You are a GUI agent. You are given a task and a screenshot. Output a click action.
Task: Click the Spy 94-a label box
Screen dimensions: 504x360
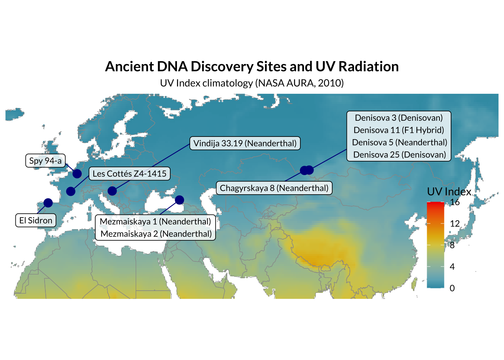[45, 160]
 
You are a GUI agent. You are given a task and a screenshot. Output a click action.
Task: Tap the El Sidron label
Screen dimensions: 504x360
[36, 220]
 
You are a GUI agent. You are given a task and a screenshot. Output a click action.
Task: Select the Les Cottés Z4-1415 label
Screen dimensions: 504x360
[130, 174]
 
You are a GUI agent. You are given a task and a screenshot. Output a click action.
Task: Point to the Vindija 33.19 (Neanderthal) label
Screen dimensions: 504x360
[245, 143]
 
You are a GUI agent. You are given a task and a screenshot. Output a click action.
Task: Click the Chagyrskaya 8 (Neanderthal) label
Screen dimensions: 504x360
[274, 188]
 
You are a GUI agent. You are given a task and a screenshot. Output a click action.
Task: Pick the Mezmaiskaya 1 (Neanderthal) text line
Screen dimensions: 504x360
[156, 221]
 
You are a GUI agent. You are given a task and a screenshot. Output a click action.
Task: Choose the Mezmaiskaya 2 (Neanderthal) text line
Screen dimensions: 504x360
[156, 234]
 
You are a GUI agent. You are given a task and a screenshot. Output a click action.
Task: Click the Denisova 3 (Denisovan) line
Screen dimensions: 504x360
[399, 118]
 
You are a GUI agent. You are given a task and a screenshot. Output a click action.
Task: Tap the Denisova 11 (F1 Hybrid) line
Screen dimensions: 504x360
[399, 130]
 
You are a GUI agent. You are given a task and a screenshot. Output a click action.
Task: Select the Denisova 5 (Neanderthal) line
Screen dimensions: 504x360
[399, 142]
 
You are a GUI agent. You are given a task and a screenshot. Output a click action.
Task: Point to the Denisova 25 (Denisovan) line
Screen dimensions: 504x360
[400, 155]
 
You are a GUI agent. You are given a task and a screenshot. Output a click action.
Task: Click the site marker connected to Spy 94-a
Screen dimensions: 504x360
[77, 174]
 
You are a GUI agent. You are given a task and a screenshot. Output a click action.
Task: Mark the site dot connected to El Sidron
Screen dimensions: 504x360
[48, 203]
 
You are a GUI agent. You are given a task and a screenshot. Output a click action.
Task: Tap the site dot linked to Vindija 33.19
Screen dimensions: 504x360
[112, 191]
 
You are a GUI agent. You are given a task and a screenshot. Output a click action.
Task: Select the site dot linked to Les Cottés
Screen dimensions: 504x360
[70, 191]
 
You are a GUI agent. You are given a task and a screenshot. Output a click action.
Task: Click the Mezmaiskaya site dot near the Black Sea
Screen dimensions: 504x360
[179, 200]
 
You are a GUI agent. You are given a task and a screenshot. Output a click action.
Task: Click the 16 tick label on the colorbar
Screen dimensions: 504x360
[455, 202]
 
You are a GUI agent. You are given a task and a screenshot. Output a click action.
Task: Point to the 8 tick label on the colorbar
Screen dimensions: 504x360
[452, 245]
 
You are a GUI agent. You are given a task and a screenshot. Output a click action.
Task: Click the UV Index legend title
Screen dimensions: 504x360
[449, 192]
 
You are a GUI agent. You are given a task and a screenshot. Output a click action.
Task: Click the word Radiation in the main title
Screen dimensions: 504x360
[368, 67]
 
